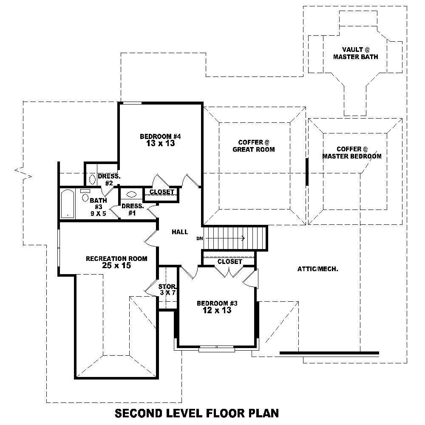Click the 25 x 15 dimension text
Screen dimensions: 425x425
click(x=116, y=266)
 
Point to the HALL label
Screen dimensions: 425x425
click(x=180, y=232)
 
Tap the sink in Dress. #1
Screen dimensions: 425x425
click(x=131, y=195)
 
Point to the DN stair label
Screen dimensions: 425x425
click(x=199, y=238)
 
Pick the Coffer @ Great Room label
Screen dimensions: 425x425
click(x=256, y=146)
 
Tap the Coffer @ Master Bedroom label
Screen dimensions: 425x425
click(x=351, y=153)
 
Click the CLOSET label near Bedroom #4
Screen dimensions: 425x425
click(x=161, y=192)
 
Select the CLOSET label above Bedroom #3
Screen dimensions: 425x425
click(x=229, y=262)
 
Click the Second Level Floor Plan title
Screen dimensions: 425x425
click(x=197, y=413)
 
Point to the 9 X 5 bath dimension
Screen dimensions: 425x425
click(x=98, y=213)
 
